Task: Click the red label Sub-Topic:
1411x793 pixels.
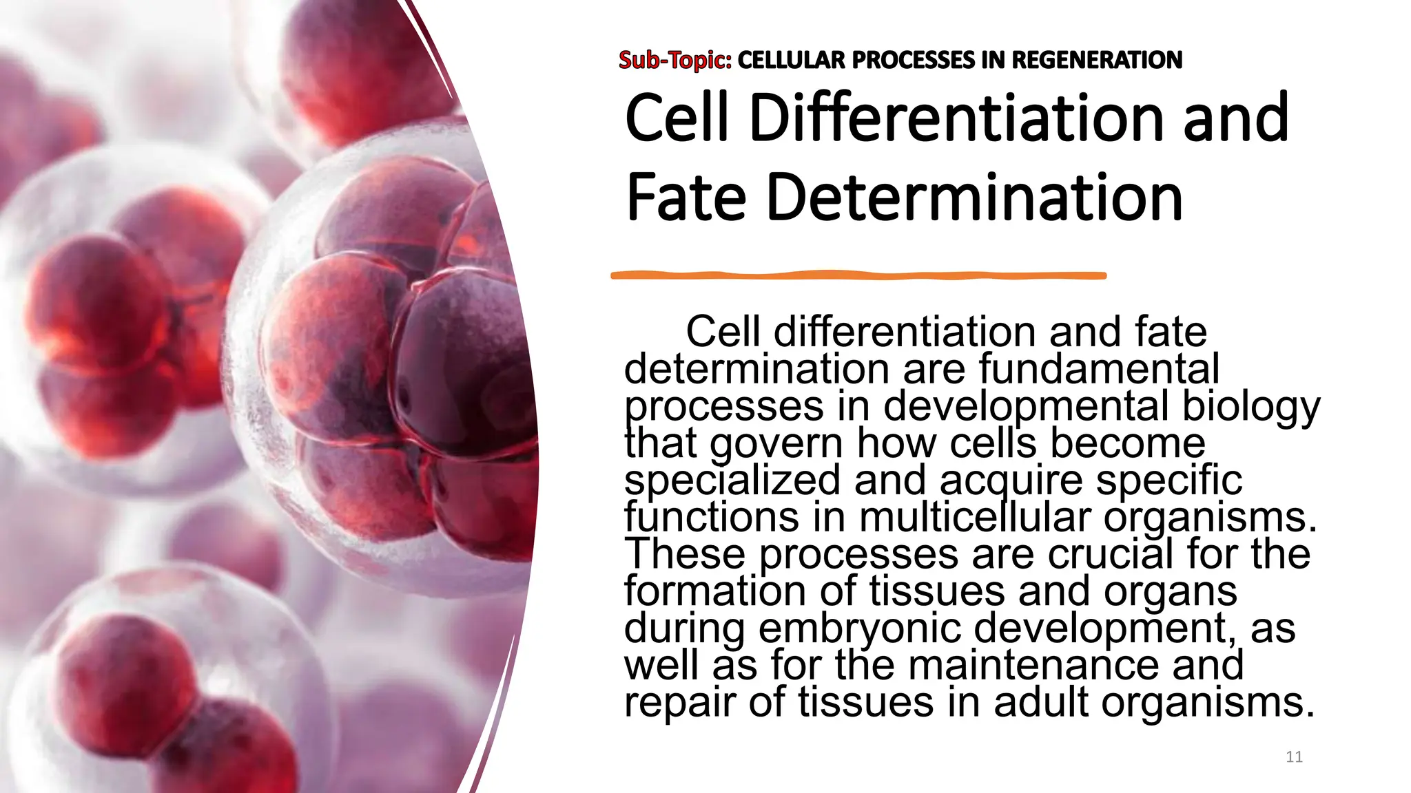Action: (674, 61)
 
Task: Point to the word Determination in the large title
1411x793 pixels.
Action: (974, 198)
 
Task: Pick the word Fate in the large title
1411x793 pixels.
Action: (686, 198)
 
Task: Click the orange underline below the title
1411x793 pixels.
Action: (858, 275)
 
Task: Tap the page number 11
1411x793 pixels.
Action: (1294, 757)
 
